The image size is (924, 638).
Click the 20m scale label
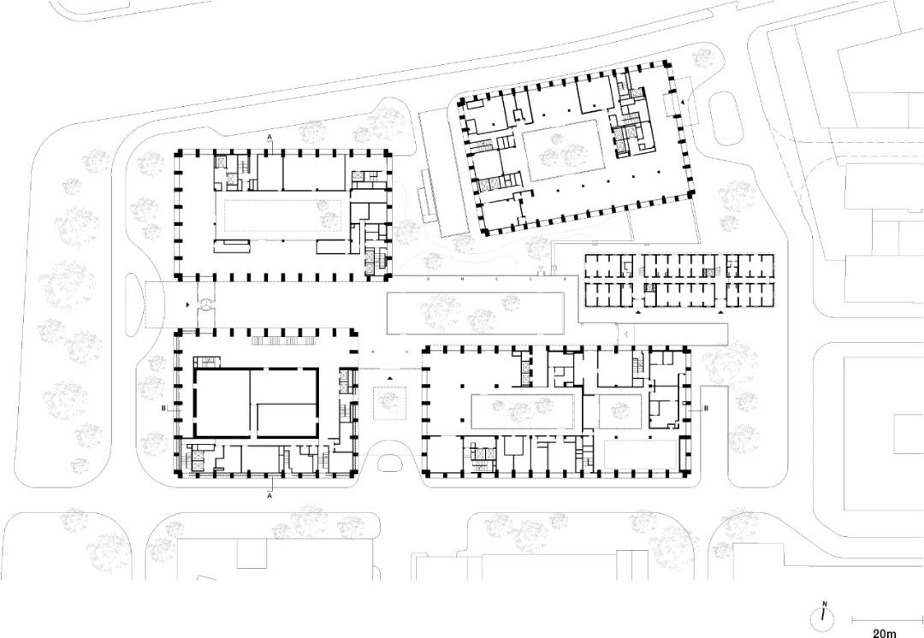tap(884, 633)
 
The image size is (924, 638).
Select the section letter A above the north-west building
tap(269, 137)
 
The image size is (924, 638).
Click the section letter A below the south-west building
tap(270, 497)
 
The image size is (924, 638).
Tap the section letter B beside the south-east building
tap(707, 408)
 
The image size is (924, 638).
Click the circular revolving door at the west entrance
tap(205, 304)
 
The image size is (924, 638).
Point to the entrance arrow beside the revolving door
tap(188, 304)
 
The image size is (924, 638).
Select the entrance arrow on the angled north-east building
tap(683, 103)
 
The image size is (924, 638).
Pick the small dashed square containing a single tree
tap(389, 403)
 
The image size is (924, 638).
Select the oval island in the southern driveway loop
tap(388, 463)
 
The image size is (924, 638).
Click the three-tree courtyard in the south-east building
tap(522, 411)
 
